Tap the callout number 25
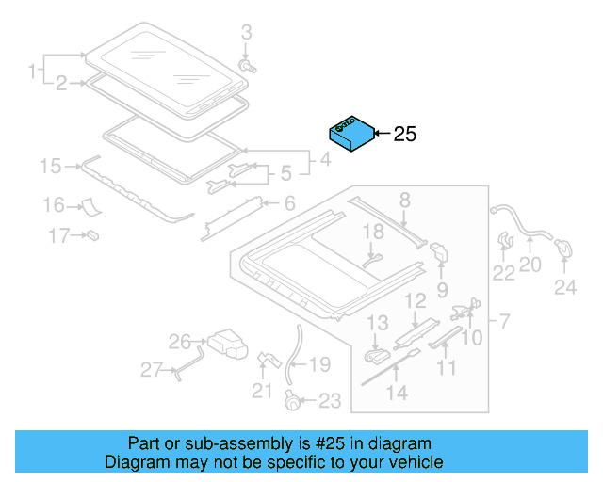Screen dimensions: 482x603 click(404, 135)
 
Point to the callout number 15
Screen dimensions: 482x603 click(50, 167)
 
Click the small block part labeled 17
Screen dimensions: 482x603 click(93, 233)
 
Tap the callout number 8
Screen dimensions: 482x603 click(405, 199)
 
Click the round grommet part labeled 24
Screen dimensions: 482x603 click(565, 248)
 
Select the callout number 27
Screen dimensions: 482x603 click(152, 370)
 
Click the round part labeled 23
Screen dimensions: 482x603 click(295, 400)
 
